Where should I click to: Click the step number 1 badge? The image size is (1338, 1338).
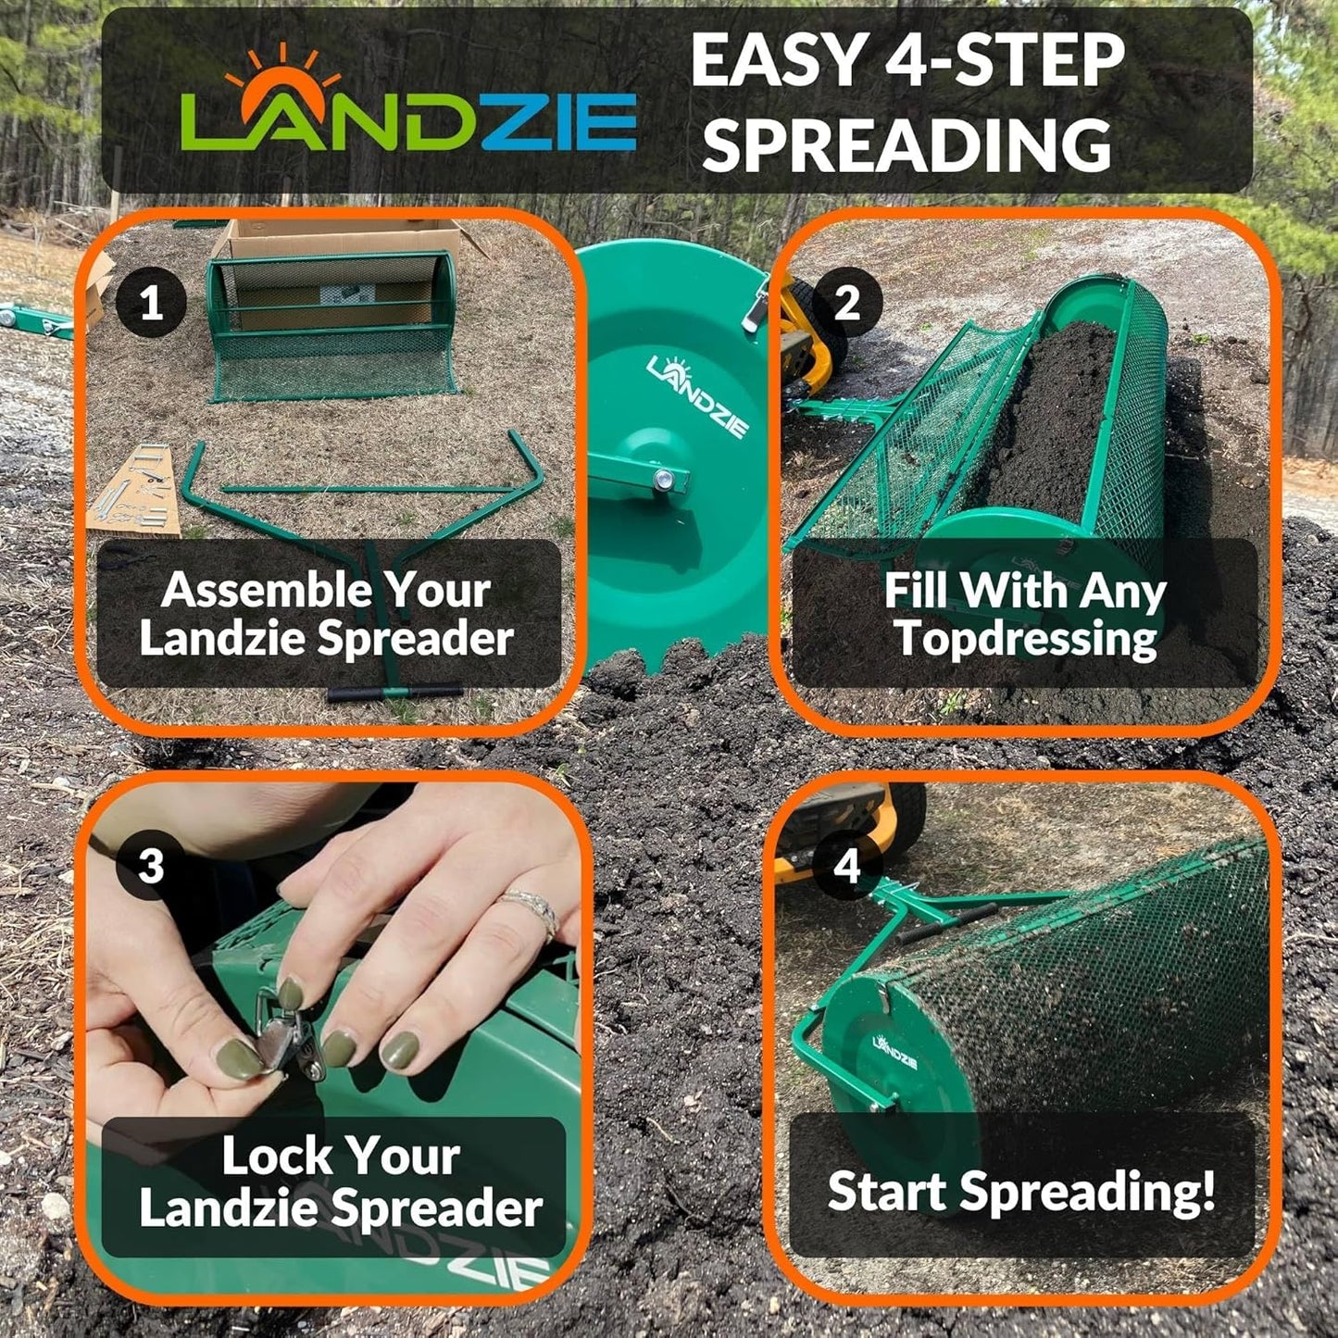[x=151, y=302]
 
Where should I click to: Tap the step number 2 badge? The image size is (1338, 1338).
[x=846, y=302]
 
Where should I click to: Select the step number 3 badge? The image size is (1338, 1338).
[x=151, y=866]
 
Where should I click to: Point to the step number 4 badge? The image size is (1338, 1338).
[x=846, y=866]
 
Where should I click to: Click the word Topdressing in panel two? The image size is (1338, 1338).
[x=1026, y=638]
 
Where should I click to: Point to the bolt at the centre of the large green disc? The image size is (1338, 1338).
[x=665, y=479]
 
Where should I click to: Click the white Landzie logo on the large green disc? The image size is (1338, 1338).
[x=698, y=396]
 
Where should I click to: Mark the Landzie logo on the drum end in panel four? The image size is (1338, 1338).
[x=894, y=1051]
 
